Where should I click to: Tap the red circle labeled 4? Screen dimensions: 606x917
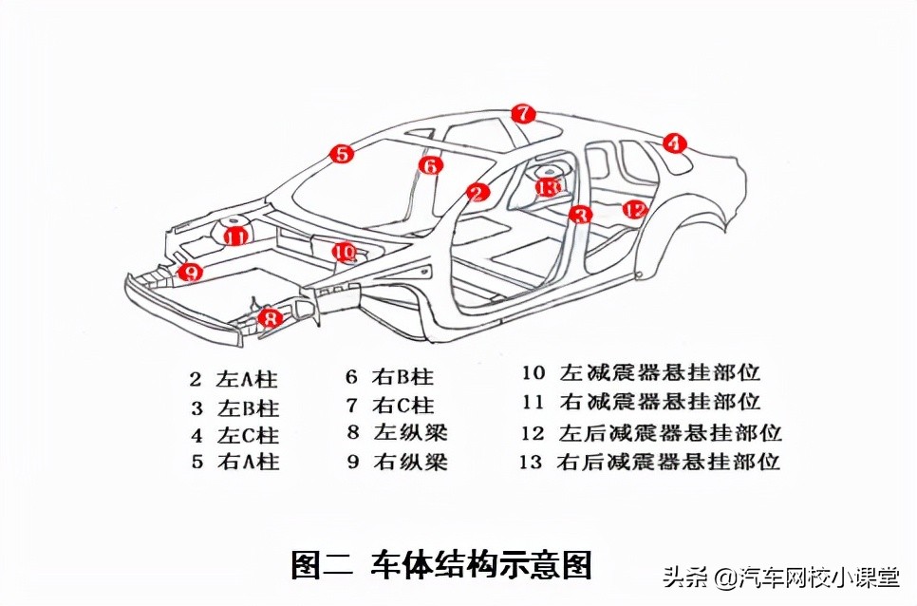tap(673, 143)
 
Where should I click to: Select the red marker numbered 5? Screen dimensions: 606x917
tap(342, 153)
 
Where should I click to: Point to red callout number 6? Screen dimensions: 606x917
tap(431, 165)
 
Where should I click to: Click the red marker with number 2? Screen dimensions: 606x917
tap(478, 193)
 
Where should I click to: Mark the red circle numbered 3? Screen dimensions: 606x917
tap(580, 215)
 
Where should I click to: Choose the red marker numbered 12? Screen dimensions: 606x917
tap(634, 209)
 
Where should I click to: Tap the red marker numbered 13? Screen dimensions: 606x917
tap(547, 186)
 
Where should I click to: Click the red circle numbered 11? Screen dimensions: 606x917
tap(234, 236)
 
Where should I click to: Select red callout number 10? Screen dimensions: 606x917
tap(345, 253)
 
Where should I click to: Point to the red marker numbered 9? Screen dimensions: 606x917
tap(191, 273)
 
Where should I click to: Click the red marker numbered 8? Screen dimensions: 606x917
tap(271, 318)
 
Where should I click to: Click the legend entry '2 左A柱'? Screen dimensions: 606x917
tap(234, 379)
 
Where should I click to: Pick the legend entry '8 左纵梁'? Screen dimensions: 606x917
tap(396, 433)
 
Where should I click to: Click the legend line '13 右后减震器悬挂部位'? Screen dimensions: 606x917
tap(649, 463)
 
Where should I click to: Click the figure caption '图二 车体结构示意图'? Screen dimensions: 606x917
tap(441, 564)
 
